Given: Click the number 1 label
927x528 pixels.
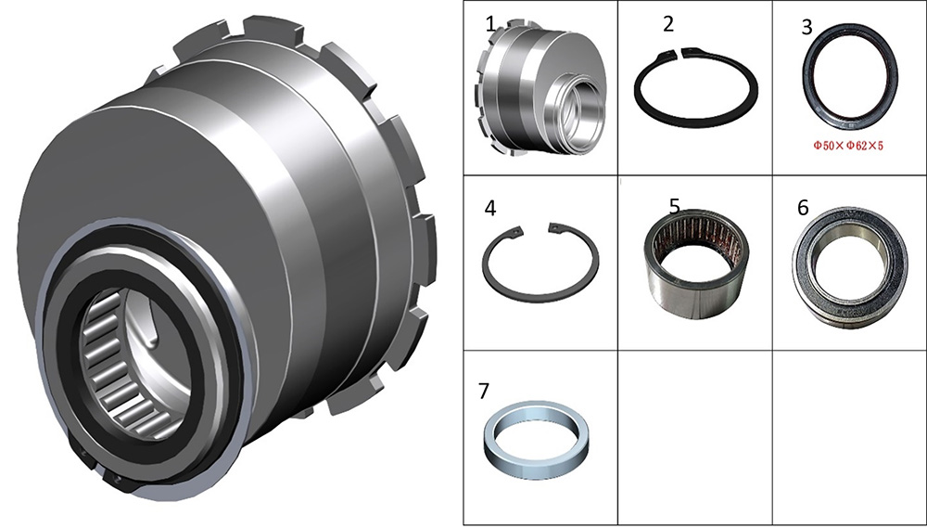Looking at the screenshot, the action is [490, 24].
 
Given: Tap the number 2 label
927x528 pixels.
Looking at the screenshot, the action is [668, 24].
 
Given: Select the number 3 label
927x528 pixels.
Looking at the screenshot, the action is [807, 27].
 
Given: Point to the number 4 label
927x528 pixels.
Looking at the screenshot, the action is [490, 209].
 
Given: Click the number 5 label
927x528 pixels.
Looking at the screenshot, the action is [675, 206].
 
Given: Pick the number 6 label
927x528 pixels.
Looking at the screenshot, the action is [803, 208].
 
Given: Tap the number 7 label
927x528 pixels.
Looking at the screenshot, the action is [484, 392].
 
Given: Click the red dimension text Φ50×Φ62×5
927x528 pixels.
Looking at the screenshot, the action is [848, 146].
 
